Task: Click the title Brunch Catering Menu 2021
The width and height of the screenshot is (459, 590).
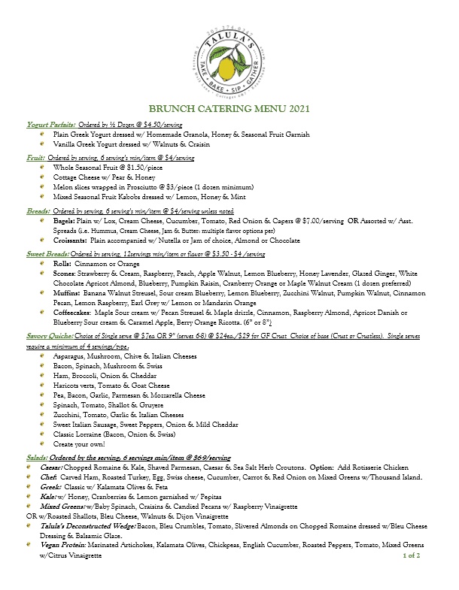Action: [x=229, y=109]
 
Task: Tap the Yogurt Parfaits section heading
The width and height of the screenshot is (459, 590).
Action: [x=47, y=123]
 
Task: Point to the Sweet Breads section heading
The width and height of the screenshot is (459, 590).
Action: [x=47, y=256]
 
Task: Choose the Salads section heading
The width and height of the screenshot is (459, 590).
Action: [x=36, y=458]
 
